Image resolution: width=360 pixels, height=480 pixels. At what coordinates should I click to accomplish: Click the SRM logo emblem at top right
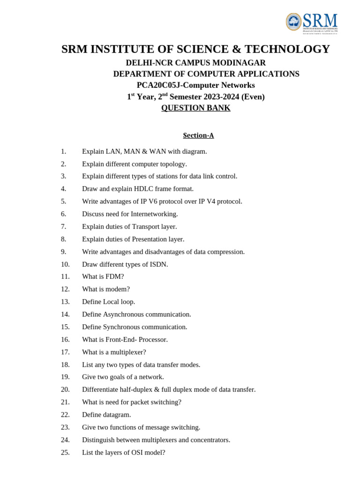(x=294, y=22)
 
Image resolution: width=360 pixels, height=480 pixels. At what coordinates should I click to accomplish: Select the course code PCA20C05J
(x=158, y=85)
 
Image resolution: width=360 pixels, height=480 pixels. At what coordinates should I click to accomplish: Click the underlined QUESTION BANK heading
(x=195, y=108)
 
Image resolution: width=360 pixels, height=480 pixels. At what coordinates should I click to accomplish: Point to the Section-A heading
(x=198, y=135)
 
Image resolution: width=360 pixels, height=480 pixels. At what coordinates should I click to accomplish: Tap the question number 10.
(x=65, y=264)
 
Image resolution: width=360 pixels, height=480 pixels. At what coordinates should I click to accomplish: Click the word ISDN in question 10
(x=159, y=264)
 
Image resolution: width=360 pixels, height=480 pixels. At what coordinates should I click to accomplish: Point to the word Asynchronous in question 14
(x=124, y=315)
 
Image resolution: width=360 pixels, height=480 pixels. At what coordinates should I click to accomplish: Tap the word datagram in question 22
(x=117, y=415)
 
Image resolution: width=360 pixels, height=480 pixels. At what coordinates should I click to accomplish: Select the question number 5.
(x=63, y=202)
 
